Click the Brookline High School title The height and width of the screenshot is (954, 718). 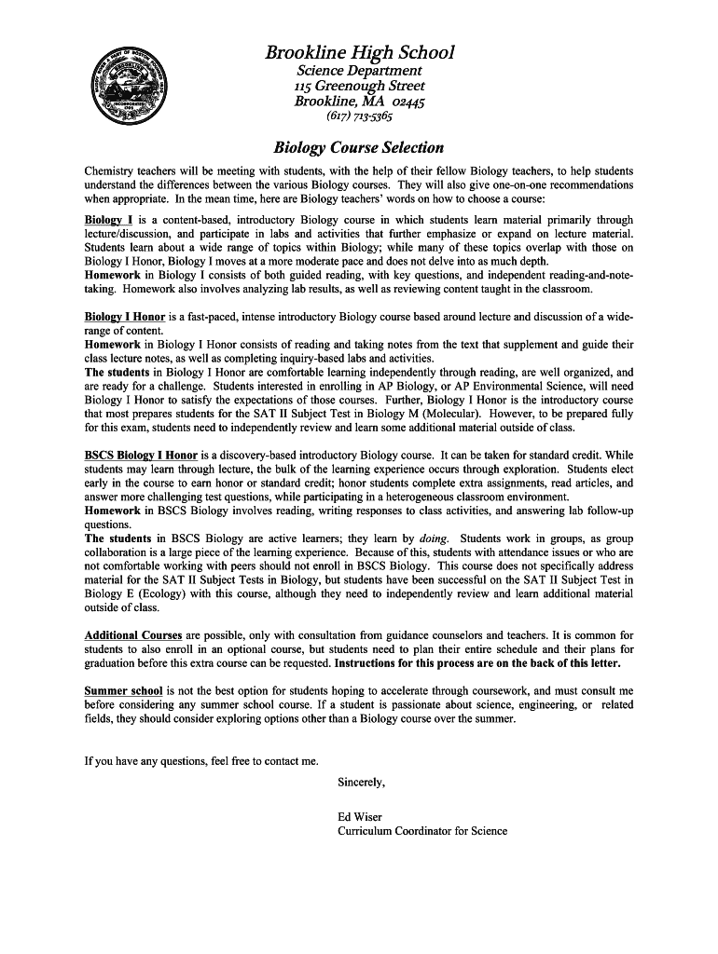point(359,53)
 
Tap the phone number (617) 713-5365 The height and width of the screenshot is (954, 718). point(359,117)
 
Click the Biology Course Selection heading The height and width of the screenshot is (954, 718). point(358,147)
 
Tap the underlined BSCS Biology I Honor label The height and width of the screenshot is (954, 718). point(141,456)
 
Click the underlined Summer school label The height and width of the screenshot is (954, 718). point(123,691)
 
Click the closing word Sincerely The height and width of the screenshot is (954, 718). point(361,782)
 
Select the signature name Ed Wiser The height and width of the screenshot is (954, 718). point(360,817)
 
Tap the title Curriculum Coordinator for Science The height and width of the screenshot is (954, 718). point(422,830)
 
